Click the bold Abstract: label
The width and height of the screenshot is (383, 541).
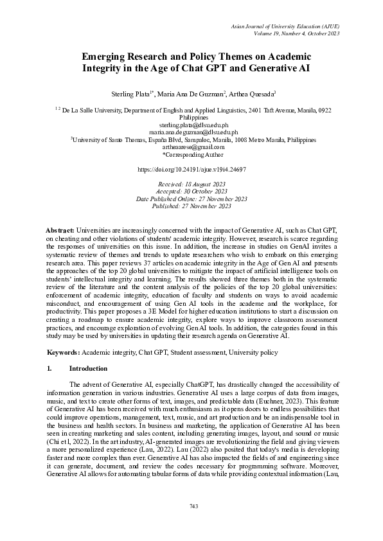[x=61, y=230]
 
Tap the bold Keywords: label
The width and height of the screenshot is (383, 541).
[x=64, y=353]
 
